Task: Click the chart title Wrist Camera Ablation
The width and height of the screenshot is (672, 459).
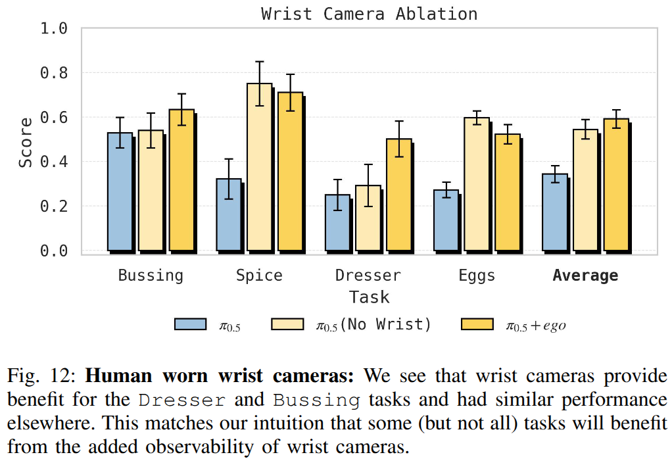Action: tap(369, 14)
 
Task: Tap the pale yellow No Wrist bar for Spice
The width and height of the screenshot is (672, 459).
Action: tap(259, 167)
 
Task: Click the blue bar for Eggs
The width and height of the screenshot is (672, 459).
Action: tap(446, 220)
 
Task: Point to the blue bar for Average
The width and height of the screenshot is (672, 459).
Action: tap(554, 212)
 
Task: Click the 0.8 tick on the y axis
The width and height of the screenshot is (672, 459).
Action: tap(54, 73)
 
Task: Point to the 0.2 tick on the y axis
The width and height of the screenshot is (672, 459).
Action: tap(54, 206)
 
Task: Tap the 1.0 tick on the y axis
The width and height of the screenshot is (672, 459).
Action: tap(54, 29)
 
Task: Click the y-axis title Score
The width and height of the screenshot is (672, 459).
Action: tap(25, 142)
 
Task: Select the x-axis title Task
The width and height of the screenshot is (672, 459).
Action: tap(369, 297)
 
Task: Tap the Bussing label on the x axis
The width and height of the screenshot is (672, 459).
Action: tap(151, 275)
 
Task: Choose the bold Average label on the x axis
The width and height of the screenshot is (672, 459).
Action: tap(585, 275)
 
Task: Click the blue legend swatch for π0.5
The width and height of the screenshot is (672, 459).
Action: tap(191, 324)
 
